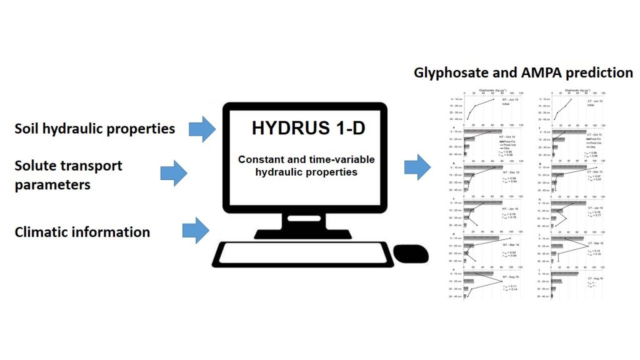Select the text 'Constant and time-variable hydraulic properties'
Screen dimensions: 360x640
coord(297,165)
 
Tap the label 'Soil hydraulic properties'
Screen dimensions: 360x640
coord(95,129)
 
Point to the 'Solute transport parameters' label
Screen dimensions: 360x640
coord(69,175)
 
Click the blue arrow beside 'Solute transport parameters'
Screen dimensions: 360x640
coord(173,172)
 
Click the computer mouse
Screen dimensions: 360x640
coord(411,254)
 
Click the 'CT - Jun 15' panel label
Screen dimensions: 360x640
coord(595,101)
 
